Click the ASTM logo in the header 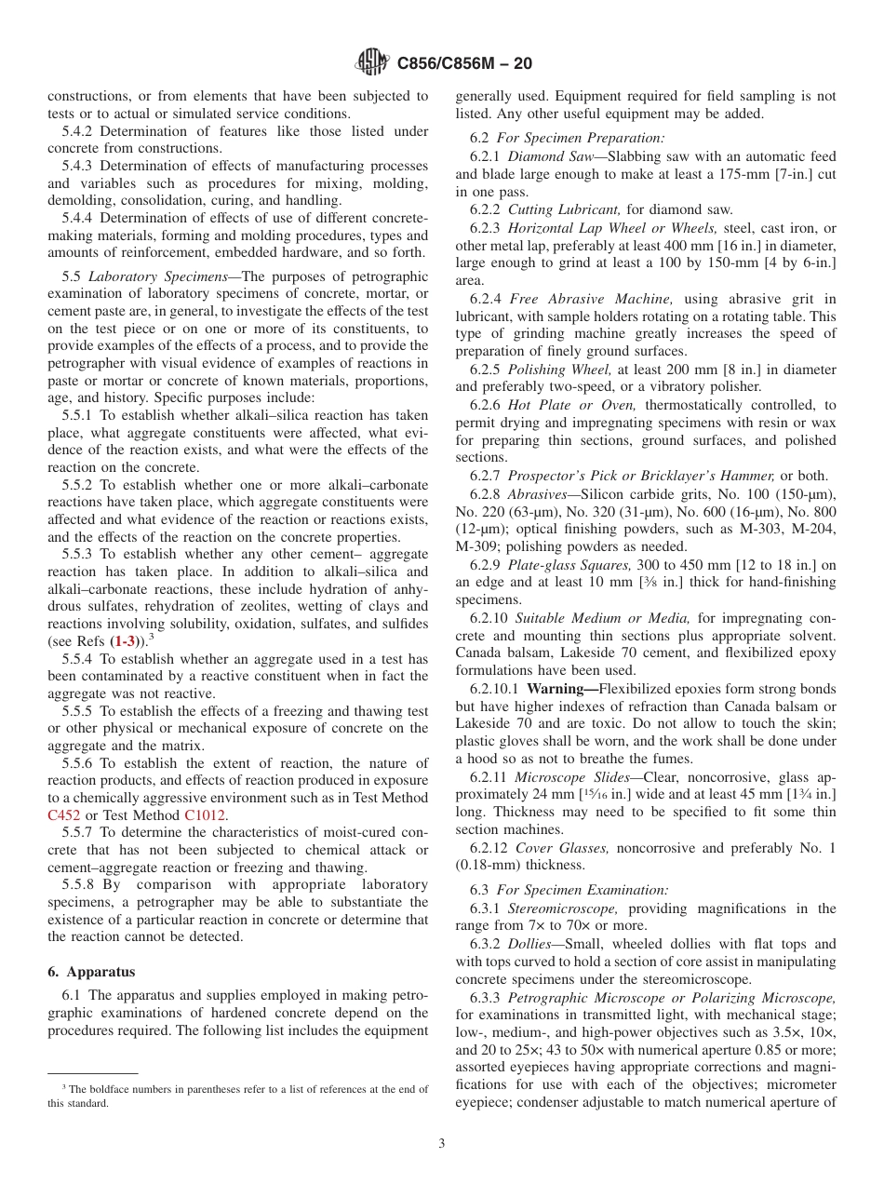pyautogui.click(x=372, y=63)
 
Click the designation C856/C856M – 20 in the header pyautogui.click(x=464, y=64)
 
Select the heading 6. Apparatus pyautogui.click(x=91, y=972)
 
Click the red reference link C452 pyautogui.click(x=64, y=814)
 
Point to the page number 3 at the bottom pyautogui.click(x=442, y=1143)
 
